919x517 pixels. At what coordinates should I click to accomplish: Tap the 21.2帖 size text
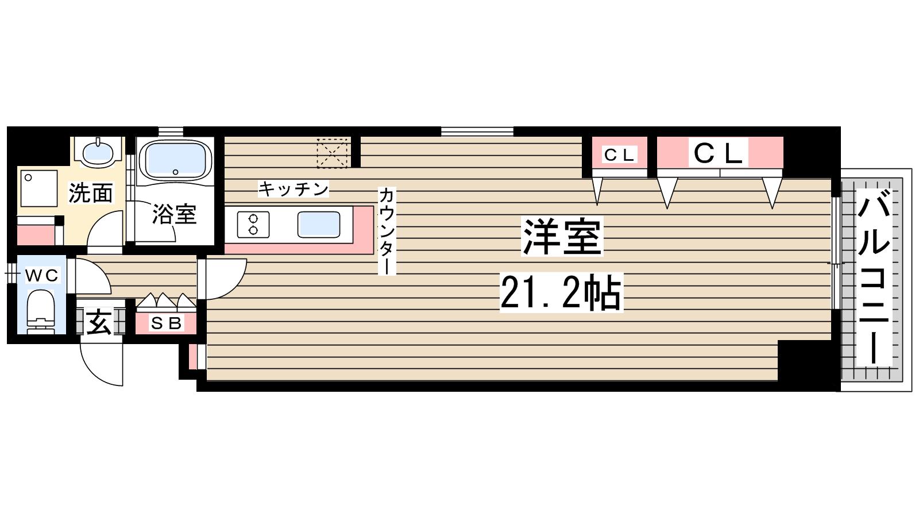[561, 293]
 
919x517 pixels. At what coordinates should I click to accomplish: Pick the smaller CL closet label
[619, 154]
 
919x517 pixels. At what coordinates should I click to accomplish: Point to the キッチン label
[293, 189]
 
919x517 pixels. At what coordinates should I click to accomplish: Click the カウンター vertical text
[386, 231]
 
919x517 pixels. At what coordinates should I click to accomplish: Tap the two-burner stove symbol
[253, 224]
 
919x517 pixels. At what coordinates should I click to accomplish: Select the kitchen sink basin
[318, 224]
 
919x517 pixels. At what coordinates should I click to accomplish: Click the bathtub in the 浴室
[175, 159]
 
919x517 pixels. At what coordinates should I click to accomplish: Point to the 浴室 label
[174, 214]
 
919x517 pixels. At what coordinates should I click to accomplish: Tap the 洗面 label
[90, 194]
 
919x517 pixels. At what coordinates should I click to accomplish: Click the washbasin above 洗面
[98, 152]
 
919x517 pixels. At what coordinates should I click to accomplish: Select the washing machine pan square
[39, 188]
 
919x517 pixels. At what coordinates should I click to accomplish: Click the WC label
[41, 276]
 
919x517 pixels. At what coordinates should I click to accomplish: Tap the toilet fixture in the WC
[40, 310]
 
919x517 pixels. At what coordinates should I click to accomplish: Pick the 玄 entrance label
[99, 322]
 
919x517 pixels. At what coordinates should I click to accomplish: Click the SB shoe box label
[166, 323]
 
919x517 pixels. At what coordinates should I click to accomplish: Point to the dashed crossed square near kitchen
[333, 153]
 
